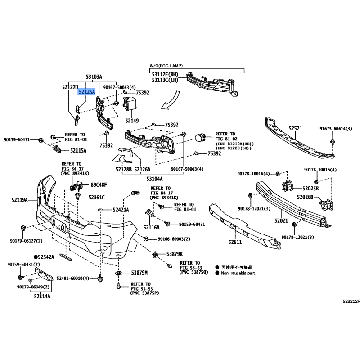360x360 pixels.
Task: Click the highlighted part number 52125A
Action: click(x=87, y=92)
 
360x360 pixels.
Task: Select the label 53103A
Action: click(x=94, y=76)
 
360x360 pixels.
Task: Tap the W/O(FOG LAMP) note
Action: click(x=166, y=66)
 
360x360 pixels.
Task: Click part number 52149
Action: click(x=132, y=121)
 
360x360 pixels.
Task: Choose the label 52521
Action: click(x=296, y=128)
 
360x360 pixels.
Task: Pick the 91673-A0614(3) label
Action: click(x=336, y=129)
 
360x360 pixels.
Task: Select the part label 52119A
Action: click(x=19, y=200)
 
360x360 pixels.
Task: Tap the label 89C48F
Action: click(x=99, y=185)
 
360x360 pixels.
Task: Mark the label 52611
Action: click(x=235, y=242)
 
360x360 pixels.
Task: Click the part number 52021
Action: click(x=281, y=220)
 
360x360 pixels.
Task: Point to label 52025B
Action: click(x=310, y=189)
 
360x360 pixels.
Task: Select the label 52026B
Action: click(x=305, y=197)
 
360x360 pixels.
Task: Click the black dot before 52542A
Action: click(x=36, y=257)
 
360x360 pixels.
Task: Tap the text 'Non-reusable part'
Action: click(x=238, y=273)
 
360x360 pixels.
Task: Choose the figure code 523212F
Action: click(x=351, y=301)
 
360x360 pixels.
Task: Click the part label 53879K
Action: click(x=175, y=254)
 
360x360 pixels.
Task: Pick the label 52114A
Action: click(x=42, y=297)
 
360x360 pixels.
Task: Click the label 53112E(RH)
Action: click(x=165, y=75)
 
